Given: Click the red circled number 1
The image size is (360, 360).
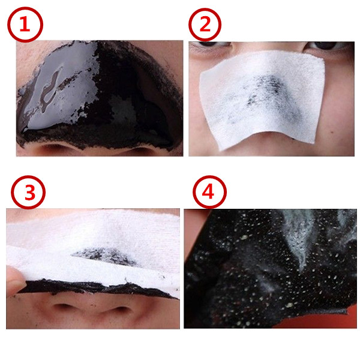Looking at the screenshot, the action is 25,25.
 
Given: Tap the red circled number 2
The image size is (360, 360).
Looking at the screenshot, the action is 205,25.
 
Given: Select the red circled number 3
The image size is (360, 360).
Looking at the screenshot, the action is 28,193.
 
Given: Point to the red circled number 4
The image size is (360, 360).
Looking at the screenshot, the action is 209,192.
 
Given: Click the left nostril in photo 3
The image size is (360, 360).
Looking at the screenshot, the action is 62,307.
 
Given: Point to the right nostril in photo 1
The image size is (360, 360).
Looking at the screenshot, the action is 140,151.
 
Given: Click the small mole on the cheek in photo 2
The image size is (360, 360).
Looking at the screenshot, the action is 332,132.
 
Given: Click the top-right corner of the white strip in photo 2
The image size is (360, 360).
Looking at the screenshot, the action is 323,60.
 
